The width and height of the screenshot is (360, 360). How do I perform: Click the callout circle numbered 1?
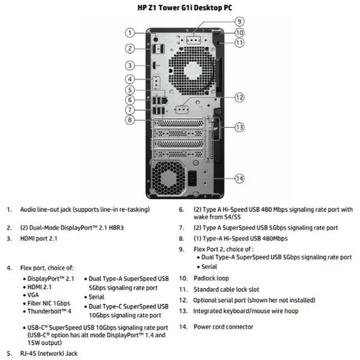[129, 32]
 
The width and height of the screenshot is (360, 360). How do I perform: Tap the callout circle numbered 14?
[239, 179]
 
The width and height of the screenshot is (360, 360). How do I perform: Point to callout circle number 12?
[239, 98]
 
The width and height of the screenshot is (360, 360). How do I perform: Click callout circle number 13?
[239, 127]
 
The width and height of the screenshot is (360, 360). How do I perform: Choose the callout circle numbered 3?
[129, 65]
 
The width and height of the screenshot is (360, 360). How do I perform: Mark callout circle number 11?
[239, 43]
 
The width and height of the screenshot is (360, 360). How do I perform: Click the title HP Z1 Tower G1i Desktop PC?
[179, 7]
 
